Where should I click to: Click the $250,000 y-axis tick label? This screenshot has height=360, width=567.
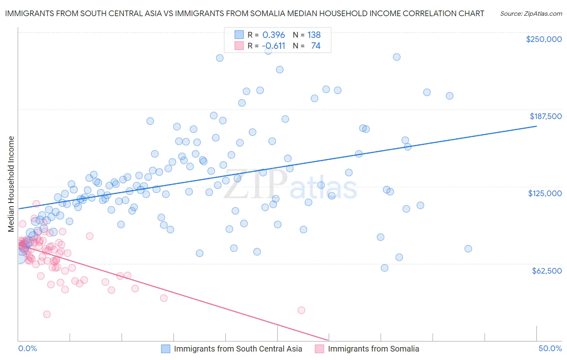click(x=544, y=39)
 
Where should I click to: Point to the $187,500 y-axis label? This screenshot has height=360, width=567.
click(x=545, y=116)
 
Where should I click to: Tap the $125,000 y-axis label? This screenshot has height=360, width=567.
click(x=545, y=193)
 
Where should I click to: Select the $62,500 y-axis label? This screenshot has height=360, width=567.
click(x=546, y=271)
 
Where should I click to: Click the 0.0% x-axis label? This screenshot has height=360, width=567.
click(x=27, y=349)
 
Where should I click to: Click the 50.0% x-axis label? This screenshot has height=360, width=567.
click(x=550, y=349)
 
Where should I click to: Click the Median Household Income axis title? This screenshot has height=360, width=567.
click(x=11, y=184)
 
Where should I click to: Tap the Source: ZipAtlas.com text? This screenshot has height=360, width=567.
click(x=531, y=14)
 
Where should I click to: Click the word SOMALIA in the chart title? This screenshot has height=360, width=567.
click(x=268, y=13)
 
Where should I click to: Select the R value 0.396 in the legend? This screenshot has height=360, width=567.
click(x=273, y=35)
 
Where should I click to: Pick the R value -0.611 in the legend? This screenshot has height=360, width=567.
click(x=273, y=46)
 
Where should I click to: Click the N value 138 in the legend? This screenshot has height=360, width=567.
click(x=314, y=35)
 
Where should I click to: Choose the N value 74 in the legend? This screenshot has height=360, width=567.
click(x=315, y=46)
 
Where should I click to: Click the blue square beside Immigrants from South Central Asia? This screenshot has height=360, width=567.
click(x=166, y=349)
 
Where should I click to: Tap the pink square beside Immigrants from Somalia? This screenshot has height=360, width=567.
click(x=319, y=349)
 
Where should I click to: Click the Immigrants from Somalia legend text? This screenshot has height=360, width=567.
click(x=373, y=349)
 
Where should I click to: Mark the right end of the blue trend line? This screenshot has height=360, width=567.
click(x=536, y=126)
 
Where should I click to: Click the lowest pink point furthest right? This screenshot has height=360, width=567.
click(x=301, y=310)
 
